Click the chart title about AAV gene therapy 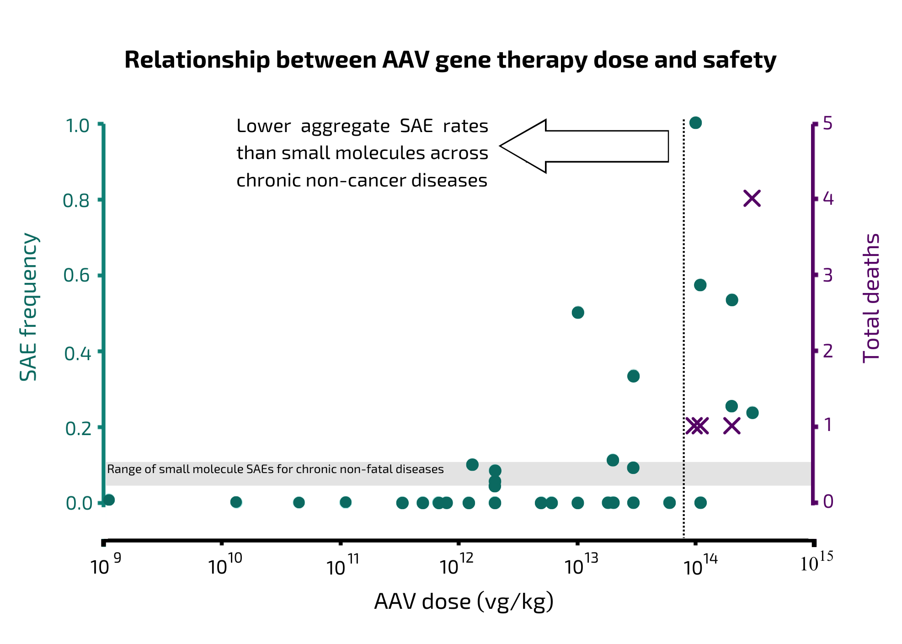pyautogui.click(x=450, y=60)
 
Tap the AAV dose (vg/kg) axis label pyautogui.click(x=464, y=601)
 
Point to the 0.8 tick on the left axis pyautogui.click(x=76, y=201)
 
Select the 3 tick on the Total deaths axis pyautogui.click(x=827, y=275)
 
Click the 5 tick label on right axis pyautogui.click(x=827, y=123)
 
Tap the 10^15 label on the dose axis pyautogui.click(x=816, y=563)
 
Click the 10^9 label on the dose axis pyautogui.click(x=105, y=566)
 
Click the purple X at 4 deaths pyautogui.click(x=752, y=198)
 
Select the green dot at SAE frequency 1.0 pyautogui.click(x=695, y=122)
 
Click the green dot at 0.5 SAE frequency pyautogui.click(x=578, y=313)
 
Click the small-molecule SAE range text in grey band pyautogui.click(x=275, y=469)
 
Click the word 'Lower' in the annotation pyautogui.click(x=263, y=126)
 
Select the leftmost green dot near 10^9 pyautogui.click(x=109, y=500)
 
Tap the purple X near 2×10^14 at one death pyautogui.click(x=731, y=426)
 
